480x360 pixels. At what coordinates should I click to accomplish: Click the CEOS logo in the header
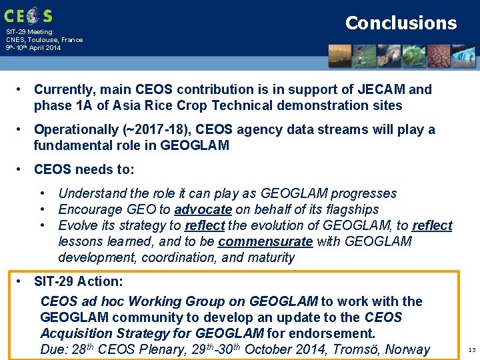pos(27,15)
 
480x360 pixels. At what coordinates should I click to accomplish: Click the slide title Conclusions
pos(401,23)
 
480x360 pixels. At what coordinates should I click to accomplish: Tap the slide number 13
pos(471,349)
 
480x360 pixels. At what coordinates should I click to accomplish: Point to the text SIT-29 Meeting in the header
pos(29,31)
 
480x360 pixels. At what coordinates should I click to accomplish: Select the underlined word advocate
pos(204,209)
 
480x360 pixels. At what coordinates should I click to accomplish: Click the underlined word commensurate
pos(265,241)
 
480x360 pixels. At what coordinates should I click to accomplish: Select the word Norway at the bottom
pos(408,349)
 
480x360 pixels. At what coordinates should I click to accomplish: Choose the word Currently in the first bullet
pos(64,89)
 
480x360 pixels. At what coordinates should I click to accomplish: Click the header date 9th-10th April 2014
pos(33,48)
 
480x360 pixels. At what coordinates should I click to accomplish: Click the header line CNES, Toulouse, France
pos(44,39)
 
